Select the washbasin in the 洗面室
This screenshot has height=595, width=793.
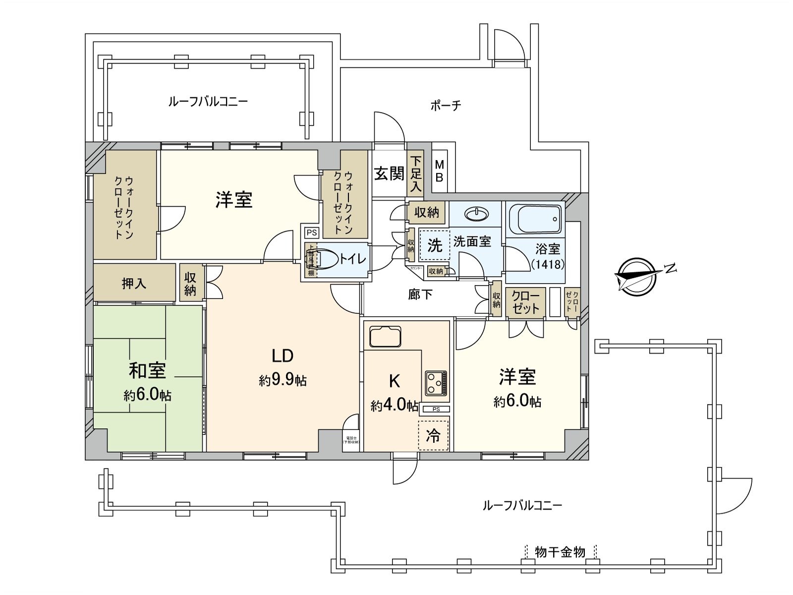point(476,213)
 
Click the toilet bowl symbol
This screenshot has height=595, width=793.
point(327,258)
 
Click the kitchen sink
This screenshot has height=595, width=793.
point(385,337)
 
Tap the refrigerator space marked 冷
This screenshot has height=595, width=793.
point(433,435)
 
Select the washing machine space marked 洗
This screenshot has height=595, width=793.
point(434,245)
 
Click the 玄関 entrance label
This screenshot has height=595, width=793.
point(389,174)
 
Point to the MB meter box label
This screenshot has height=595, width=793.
point(439,171)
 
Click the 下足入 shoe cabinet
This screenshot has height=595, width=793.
point(415,174)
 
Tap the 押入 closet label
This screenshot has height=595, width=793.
point(134,283)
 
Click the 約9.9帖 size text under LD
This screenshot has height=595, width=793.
point(283,381)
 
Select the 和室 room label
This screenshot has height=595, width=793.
point(147,371)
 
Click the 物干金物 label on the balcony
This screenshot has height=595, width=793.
point(560,552)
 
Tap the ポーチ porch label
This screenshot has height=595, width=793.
point(446,105)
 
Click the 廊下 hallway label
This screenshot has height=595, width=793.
point(420,295)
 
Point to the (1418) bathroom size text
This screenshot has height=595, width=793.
point(548,264)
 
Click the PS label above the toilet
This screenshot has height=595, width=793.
point(311,232)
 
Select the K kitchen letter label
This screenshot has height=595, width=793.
point(395,381)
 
